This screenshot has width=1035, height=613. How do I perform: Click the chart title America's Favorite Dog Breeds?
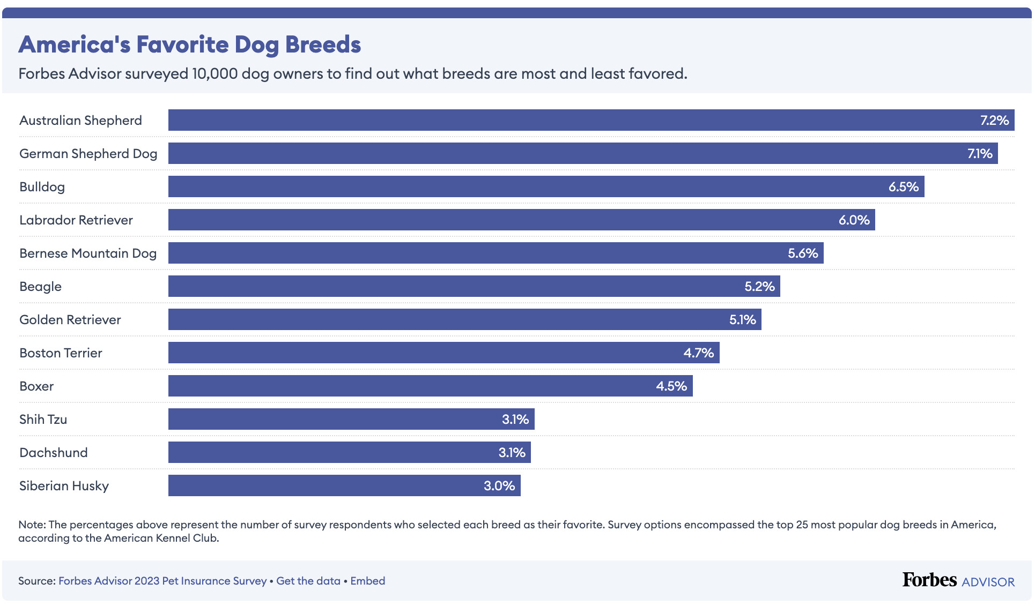coord(190,44)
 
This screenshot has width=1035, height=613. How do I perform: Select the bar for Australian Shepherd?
coord(590,120)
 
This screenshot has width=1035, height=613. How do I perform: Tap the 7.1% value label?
coord(979,154)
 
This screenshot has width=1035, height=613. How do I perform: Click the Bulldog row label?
coord(42,187)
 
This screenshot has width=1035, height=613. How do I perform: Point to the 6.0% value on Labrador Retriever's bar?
coord(854,220)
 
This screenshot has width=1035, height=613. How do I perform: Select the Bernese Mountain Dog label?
coord(88,253)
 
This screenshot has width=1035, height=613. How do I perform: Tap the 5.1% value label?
coord(742,320)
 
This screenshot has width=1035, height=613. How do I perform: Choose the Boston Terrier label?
coord(61,353)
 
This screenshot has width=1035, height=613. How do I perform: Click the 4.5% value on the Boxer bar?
coord(671,386)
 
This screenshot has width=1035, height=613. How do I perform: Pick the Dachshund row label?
coord(53,453)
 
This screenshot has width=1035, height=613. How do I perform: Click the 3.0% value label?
coord(499,486)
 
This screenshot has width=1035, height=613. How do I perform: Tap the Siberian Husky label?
coord(64,486)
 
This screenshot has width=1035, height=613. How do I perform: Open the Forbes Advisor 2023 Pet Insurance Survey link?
coord(162,581)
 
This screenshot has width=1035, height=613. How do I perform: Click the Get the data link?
coord(308,581)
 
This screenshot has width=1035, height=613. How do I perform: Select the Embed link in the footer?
coord(367,581)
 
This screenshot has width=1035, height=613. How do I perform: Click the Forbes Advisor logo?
coord(958,580)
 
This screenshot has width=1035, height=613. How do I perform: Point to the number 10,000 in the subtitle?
coord(215,73)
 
